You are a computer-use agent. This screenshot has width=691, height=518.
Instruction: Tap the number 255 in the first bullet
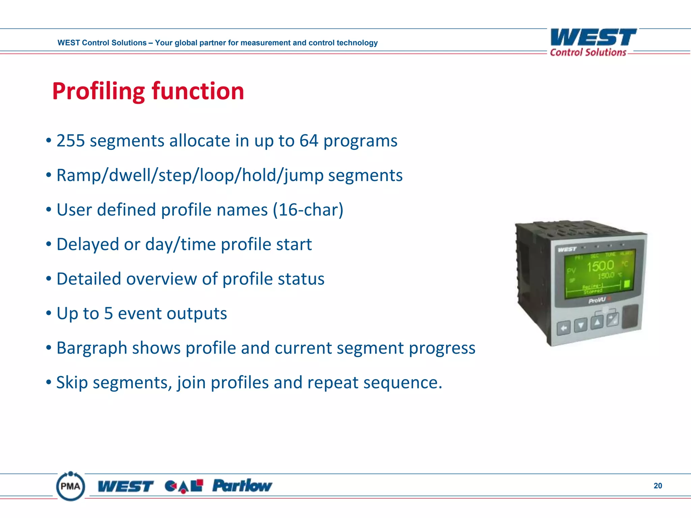(70, 141)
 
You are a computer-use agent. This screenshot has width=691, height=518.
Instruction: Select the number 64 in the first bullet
(308, 141)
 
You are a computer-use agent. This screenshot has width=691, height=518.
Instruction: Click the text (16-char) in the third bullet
(308, 210)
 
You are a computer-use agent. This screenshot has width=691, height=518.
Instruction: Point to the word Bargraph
(91, 348)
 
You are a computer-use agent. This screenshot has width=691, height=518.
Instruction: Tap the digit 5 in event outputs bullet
(108, 313)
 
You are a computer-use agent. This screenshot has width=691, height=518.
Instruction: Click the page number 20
(658, 486)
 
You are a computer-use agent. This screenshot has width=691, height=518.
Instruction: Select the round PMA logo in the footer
(71, 486)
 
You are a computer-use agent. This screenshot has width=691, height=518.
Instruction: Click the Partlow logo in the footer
(242, 486)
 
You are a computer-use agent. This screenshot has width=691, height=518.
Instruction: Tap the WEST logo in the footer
(126, 486)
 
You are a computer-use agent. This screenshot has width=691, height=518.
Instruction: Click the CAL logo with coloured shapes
(184, 486)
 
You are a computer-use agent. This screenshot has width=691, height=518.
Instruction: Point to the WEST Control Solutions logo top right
(592, 42)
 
